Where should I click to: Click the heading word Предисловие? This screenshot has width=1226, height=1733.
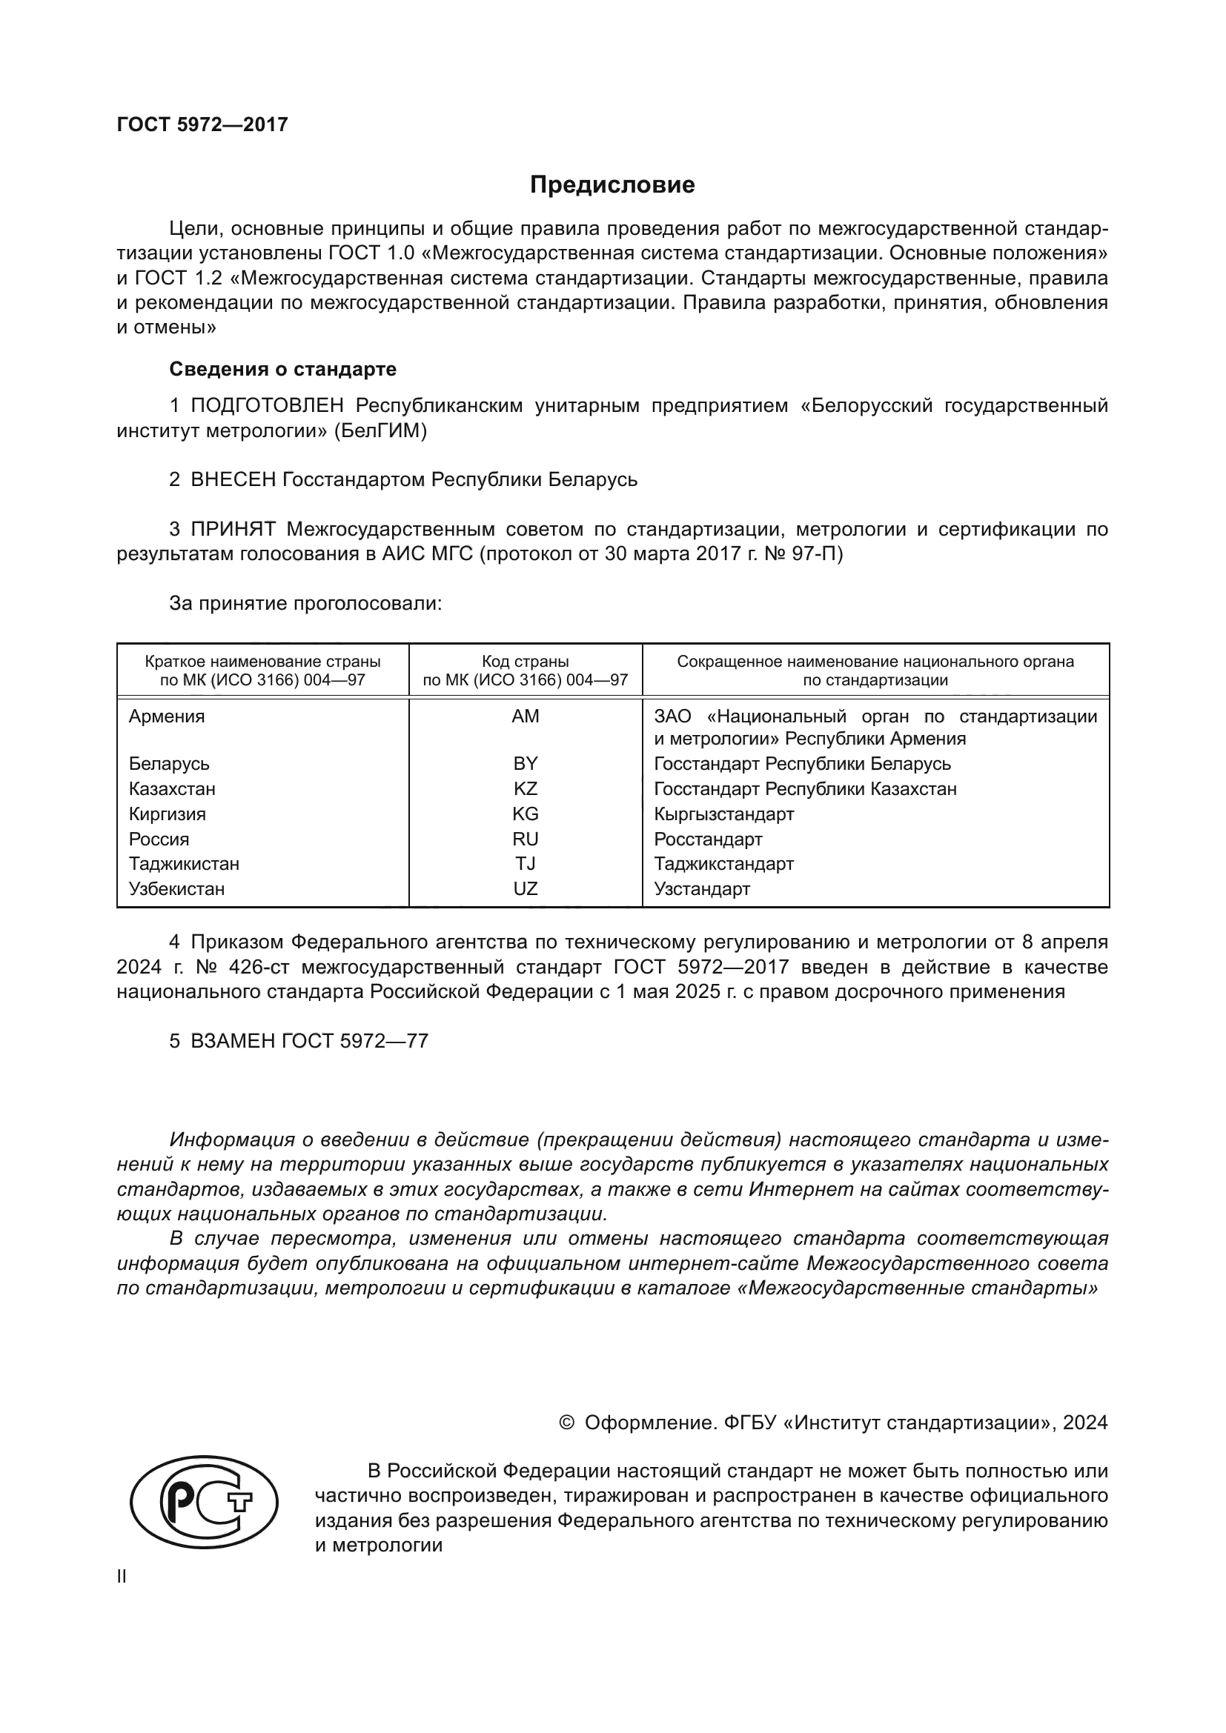click(612, 185)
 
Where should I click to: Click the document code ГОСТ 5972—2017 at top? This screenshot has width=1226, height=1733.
click(202, 124)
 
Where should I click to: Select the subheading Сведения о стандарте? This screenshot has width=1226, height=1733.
click(282, 369)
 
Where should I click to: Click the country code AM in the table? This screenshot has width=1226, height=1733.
click(525, 716)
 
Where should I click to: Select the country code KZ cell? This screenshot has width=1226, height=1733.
click(525, 789)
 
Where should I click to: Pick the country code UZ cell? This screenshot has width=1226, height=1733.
click(525, 888)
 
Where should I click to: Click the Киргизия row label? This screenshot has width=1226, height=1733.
click(167, 814)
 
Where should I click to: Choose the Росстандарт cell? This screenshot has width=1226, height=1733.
click(707, 839)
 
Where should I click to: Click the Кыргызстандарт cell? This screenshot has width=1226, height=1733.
click(723, 814)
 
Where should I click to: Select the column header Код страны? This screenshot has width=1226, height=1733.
click(525, 662)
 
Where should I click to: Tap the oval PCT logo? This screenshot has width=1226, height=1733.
click(204, 1501)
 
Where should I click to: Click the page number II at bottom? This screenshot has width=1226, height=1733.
click(122, 1576)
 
